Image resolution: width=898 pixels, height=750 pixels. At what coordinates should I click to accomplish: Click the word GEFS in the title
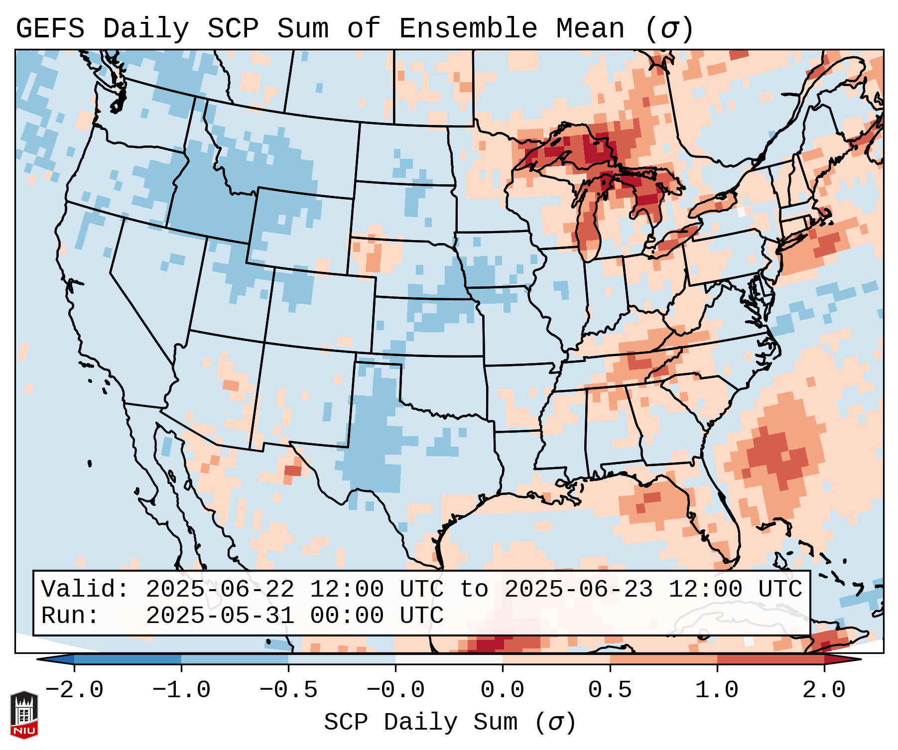pos(50,29)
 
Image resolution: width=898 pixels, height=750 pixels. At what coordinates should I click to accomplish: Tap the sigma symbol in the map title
pos(669,29)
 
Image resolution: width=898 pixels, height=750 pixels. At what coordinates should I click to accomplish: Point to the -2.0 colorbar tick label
pos(74,690)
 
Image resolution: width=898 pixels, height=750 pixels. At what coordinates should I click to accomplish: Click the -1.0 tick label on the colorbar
pos(181,690)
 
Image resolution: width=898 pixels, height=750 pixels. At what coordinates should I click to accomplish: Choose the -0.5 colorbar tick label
pos(288,690)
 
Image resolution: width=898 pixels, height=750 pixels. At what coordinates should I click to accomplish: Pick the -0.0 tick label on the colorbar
pos(395,690)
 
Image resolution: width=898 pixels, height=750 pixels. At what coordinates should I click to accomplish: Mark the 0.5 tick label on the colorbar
pos(610,690)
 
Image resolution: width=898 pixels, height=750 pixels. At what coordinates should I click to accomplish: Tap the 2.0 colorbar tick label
pos(824,690)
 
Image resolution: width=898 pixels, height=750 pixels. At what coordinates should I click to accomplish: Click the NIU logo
pos(24,714)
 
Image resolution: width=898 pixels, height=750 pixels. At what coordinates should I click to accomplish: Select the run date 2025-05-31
pos(220,616)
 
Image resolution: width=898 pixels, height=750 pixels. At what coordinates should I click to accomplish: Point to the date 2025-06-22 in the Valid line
pos(220,589)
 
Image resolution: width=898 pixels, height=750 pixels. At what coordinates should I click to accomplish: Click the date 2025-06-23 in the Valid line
pos(578,589)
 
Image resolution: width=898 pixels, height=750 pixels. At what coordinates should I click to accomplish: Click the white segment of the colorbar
pos(449,659)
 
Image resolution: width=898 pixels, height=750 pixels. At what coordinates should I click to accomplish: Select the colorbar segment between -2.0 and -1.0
pos(128,659)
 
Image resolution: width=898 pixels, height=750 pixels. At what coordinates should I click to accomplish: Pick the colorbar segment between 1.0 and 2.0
pos(770,659)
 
